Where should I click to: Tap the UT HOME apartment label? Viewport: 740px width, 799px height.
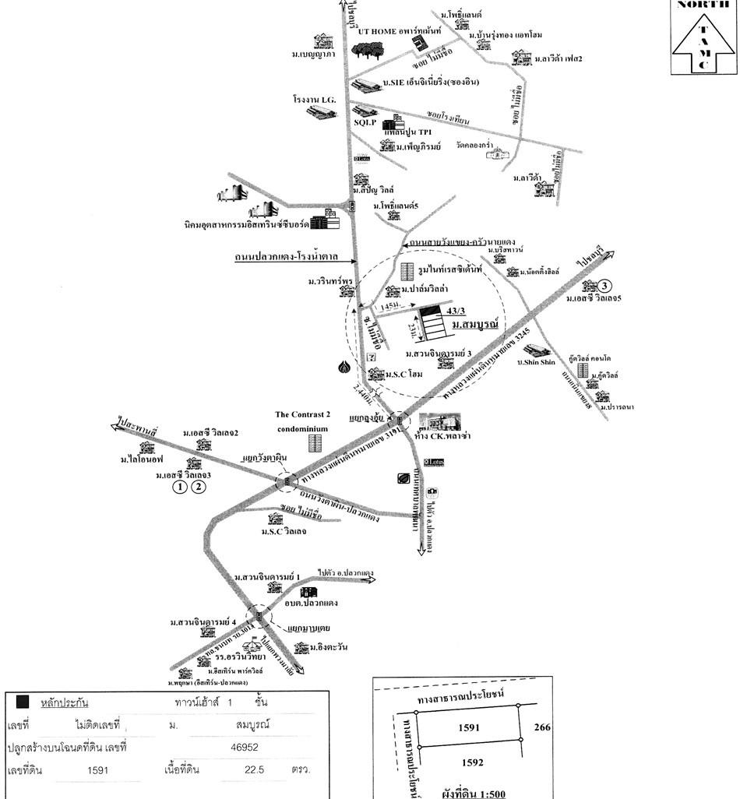[400, 30]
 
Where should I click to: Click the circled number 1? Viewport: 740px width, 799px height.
[180, 487]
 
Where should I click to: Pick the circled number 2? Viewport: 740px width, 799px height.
[200, 487]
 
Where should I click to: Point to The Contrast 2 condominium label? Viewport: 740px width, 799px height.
[301, 421]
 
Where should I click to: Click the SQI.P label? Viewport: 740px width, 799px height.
[365, 123]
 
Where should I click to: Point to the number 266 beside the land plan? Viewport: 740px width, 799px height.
[542, 727]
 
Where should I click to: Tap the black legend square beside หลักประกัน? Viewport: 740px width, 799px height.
[23, 702]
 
